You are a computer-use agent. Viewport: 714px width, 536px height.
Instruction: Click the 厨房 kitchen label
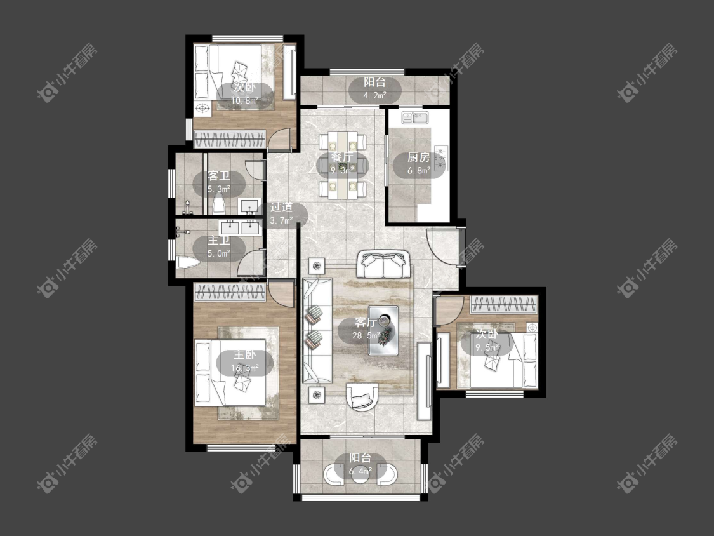point(418,157)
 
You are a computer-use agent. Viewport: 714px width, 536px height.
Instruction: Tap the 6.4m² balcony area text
point(360,471)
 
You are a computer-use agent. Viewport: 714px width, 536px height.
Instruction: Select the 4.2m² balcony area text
point(374,95)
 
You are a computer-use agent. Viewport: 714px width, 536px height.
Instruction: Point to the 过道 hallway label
point(281,208)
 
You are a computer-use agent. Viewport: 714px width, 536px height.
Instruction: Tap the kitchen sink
point(415,117)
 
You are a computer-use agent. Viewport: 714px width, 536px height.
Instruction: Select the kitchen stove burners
point(441,156)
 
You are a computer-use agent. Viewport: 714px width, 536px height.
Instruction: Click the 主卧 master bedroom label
point(244,355)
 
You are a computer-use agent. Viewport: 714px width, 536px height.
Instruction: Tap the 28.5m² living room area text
point(366,336)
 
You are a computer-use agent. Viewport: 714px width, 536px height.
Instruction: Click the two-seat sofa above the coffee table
point(384,264)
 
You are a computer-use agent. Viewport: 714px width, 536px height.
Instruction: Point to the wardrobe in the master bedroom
point(230,292)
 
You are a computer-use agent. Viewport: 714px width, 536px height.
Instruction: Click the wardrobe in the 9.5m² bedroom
point(504,304)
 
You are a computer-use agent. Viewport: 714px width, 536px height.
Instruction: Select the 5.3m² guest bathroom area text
point(219,189)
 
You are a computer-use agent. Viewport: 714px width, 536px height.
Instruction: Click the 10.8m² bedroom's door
point(279,140)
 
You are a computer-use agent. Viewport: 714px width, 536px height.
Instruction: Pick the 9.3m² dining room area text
point(343,170)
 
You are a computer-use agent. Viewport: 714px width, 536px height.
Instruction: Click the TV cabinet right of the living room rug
point(424,380)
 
